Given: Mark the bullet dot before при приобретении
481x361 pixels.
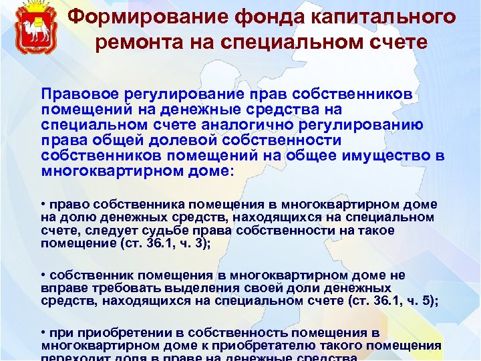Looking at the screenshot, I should [43, 332].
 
